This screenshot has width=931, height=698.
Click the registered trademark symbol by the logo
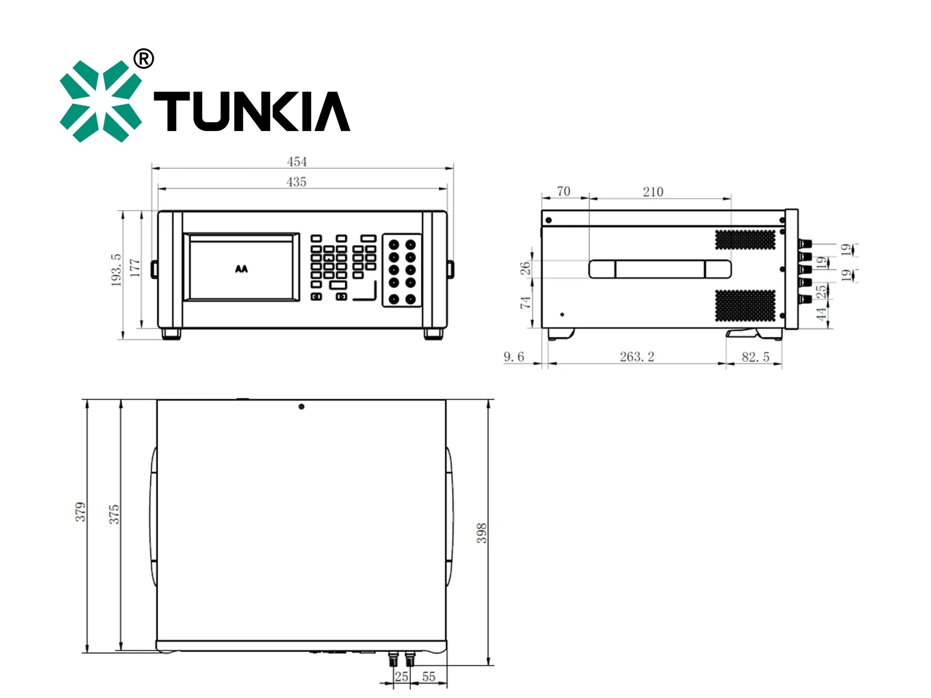(144, 59)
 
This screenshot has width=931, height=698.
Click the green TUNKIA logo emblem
(100, 101)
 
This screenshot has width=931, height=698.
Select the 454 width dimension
(297, 162)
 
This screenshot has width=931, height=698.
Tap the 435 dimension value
(297, 182)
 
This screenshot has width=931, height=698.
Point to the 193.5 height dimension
(116, 270)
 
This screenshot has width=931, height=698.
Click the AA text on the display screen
(241, 269)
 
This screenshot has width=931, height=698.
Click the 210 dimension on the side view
(653, 192)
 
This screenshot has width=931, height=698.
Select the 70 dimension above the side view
(564, 191)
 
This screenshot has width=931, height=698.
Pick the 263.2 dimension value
(637, 357)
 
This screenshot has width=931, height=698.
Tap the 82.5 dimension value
(756, 357)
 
